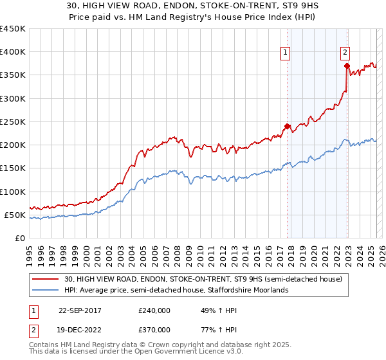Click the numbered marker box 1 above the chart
[x=285, y=53]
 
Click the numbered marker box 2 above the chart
[x=345, y=53]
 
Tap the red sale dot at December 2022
[x=347, y=66]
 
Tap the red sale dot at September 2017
[x=288, y=126]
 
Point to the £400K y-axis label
[x=13, y=52]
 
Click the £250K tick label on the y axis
[x=13, y=122]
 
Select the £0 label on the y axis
[x=19, y=238]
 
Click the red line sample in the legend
[x=45, y=279]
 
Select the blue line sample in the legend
[x=45, y=290]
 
